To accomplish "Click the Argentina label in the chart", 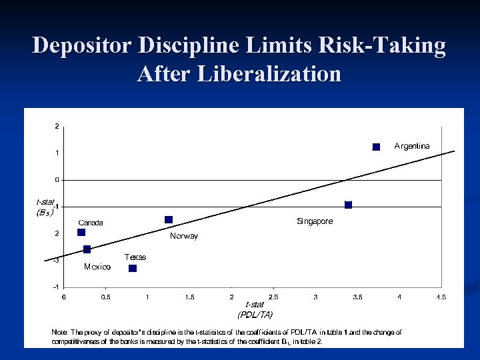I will coord(412,145).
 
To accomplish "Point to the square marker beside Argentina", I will coord(376,147).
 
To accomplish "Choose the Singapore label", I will coord(315,221).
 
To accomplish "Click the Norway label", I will coord(184,236).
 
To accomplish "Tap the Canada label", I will coord(91,223).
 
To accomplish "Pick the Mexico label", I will coord(97,267).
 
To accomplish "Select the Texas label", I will coord(135,257).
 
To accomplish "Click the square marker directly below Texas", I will coord(133,268).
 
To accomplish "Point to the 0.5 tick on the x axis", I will coord(105,297).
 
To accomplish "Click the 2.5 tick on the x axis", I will coord(273,297).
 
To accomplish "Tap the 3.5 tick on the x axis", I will coord(357,297).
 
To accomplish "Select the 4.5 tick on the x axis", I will coord(441,297).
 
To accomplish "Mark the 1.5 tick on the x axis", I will coord(189,297).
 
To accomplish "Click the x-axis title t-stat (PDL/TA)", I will coord(255,309).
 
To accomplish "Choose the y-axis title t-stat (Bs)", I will coord(45,207).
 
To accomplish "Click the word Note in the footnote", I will coord(59,331).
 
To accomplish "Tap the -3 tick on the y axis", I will coord(56,260).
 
